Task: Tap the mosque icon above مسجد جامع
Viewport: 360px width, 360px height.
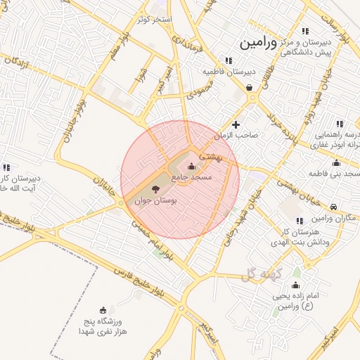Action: pos(192,166)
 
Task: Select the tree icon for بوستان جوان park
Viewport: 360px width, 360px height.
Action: pos(155,189)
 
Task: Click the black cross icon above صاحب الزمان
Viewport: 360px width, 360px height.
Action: pos(236,124)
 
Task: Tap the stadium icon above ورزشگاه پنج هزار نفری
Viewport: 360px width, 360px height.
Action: pos(103,310)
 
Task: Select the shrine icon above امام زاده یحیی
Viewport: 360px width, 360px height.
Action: pos(295,285)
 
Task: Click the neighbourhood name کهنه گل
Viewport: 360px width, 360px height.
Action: pos(257,274)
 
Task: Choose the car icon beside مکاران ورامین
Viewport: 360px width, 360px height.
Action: pos(333,207)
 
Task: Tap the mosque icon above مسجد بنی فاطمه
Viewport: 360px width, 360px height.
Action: pos(336,163)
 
